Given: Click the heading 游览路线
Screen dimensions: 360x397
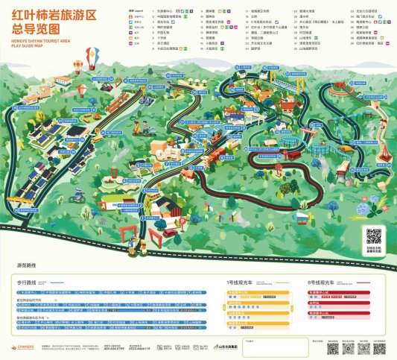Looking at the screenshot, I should click(x=28, y=265).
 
